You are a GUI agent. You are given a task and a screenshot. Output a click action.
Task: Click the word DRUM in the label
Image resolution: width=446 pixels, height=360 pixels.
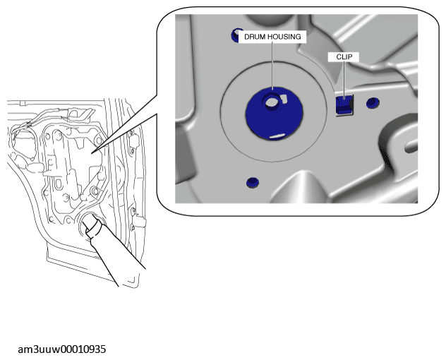254,37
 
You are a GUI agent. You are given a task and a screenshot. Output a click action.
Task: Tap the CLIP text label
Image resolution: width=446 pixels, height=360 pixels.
344,57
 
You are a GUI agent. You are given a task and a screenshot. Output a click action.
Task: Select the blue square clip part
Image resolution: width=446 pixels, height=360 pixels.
344,104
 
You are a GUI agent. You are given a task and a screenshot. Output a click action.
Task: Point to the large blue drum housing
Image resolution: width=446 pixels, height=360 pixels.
275,113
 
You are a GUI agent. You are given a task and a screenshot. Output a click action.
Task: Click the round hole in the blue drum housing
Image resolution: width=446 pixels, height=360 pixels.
271,102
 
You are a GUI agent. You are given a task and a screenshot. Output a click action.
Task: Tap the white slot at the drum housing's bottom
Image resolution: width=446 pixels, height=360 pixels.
277,136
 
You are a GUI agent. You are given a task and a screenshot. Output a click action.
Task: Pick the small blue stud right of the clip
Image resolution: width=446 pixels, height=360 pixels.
373,103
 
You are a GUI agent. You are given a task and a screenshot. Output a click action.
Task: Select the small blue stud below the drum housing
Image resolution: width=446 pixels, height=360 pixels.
253,182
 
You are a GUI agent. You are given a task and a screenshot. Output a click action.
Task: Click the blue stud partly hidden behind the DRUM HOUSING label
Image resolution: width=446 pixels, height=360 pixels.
235,35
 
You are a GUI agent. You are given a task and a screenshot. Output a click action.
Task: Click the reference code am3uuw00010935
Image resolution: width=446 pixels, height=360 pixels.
61,349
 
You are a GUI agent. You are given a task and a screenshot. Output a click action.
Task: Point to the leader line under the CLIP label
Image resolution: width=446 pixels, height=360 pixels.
344,80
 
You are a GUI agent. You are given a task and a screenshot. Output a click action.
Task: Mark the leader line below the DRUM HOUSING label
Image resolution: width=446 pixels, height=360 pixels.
272,66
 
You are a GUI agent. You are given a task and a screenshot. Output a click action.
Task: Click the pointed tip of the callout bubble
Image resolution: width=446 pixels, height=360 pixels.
92,154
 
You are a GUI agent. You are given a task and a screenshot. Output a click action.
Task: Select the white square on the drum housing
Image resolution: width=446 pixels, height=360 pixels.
284,98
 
